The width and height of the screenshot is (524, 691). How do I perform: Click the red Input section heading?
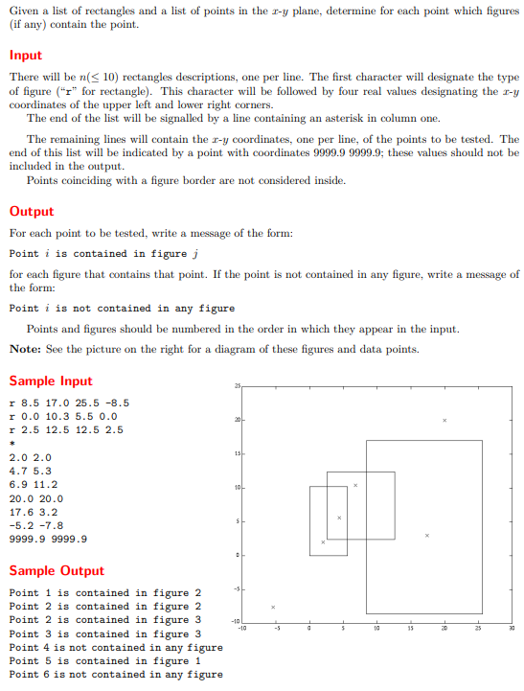(x=26, y=56)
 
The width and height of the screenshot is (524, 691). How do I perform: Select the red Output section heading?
(x=32, y=212)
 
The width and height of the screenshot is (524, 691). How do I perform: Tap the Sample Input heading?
(x=51, y=380)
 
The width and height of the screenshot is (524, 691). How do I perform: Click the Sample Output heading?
(x=57, y=570)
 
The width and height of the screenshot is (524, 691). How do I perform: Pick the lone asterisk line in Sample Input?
(x=11, y=444)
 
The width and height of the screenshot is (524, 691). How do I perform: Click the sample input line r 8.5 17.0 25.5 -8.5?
(x=69, y=403)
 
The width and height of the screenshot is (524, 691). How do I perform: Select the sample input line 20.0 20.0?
(x=36, y=498)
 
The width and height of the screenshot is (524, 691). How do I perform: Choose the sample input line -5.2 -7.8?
(x=36, y=525)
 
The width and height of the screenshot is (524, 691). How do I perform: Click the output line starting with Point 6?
(x=115, y=674)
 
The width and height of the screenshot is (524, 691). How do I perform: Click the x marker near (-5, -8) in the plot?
(x=273, y=607)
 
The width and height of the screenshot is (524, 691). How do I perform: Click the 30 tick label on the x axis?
(x=512, y=629)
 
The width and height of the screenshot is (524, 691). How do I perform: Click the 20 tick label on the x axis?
(x=444, y=629)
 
